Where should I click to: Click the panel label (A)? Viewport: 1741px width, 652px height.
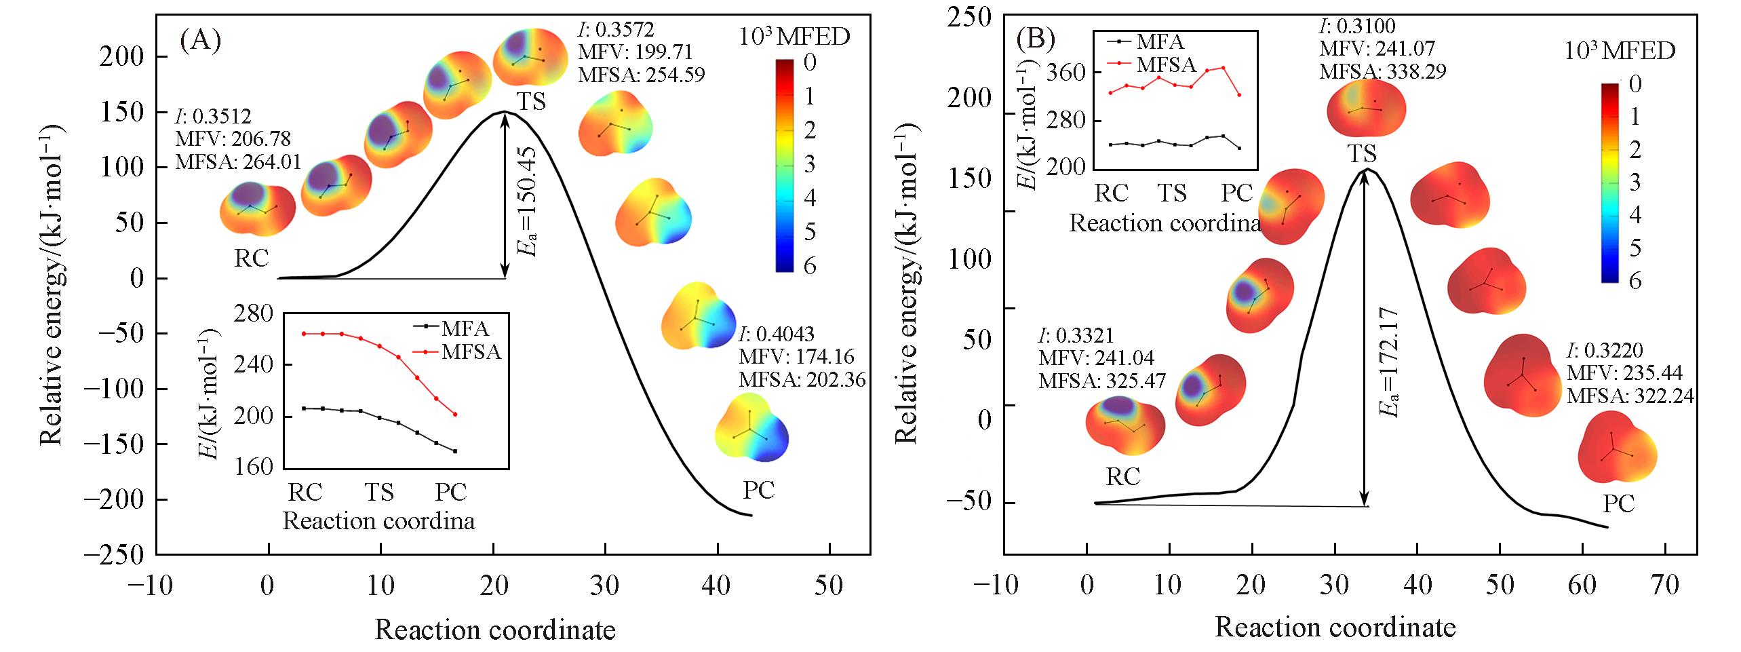click(200, 41)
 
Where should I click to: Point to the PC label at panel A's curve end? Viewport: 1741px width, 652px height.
click(758, 489)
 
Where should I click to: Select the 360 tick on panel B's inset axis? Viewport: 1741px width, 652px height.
click(1068, 73)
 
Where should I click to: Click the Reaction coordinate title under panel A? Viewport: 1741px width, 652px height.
click(494, 630)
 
